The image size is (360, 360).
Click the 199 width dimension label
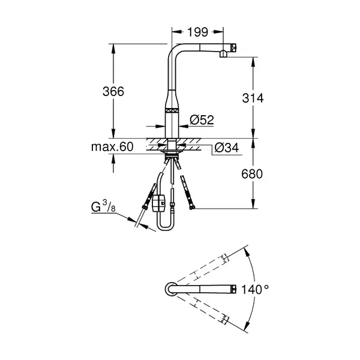pyautogui.click(x=197, y=32)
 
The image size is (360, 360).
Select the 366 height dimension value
pyautogui.click(x=113, y=91)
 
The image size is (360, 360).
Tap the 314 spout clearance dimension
pyautogui.click(x=253, y=98)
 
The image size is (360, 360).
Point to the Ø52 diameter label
pyautogui.click(x=202, y=119)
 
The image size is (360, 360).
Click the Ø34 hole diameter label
pyautogui.click(x=227, y=148)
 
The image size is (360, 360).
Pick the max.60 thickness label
pyautogui.click(x=112, y=147)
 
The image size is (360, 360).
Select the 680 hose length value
pyautogui.click(x=252, y=174)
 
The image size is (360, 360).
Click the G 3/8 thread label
pyautogui.click(x=103, y=206)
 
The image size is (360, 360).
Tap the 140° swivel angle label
pyautogui.click(x=255, y=289)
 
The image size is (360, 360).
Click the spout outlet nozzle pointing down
pyautogui.click(x=223, y=54)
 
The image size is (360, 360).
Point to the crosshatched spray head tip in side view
pyautogui.click(x=234, y=48)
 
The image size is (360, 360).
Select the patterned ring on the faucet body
pyautogui.click(x=172, y=110)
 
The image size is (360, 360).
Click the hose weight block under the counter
pyautogui.click(x=158, y=203)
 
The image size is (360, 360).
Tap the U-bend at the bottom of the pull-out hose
pyautogui.click(x=166, y=227)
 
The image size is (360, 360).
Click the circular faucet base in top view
pyautogui.click(x=171, y=289)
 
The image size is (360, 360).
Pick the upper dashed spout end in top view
pyautogui.click(x=225, y=258)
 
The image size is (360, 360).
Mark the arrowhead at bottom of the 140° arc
pyautogui.click(x=246, y=325)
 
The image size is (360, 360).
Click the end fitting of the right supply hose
pyautogui.click(x=192, y=208)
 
